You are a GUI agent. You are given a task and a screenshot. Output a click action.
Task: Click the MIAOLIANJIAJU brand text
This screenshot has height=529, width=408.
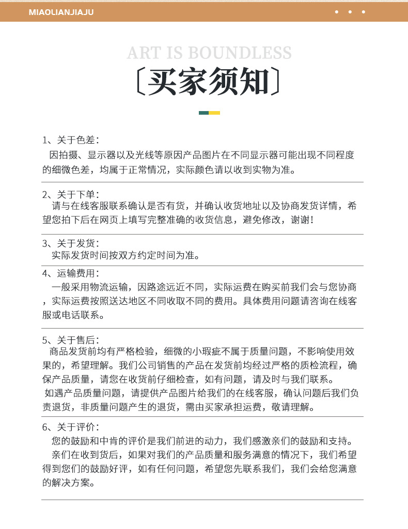(61, 12)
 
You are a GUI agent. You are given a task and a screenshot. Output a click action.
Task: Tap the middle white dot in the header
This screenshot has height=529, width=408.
(350, 12)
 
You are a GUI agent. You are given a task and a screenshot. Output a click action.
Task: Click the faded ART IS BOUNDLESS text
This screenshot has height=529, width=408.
(209, 53)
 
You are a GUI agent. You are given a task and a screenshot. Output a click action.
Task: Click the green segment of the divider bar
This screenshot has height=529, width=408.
(203, 113)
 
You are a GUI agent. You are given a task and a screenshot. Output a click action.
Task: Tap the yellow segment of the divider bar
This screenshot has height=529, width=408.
(215, 113)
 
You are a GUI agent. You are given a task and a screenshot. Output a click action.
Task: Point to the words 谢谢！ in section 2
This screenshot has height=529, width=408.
(302, 220)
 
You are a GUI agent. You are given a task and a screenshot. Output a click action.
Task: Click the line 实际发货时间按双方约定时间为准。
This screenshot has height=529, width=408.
(125, 255)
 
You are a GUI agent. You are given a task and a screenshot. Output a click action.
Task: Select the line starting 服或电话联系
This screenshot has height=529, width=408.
(73, 315)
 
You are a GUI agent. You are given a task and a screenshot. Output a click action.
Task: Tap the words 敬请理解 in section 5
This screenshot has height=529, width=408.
(295, 407)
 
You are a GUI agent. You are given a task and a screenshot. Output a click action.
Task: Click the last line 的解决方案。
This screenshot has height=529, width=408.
(68, 483)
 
